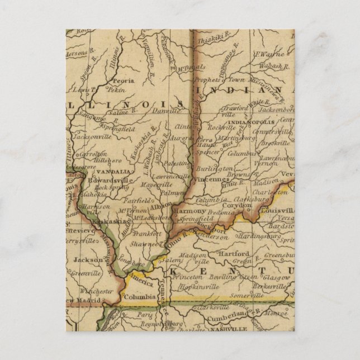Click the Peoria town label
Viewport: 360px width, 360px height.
coord(125,80)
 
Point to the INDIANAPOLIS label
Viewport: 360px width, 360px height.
coord(256,122)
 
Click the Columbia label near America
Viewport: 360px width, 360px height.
coord(140,297)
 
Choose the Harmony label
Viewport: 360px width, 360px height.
coord(187,212)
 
